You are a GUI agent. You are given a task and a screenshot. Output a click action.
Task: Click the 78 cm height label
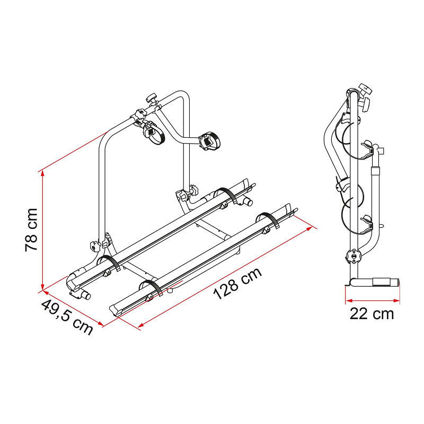[x=31, y=230]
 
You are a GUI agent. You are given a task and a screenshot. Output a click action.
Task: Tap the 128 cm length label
[x=237, y=284]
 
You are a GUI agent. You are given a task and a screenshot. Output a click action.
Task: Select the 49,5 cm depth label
[x=67, y=317]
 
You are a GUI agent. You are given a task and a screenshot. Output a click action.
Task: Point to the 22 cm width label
[x=372, y=314]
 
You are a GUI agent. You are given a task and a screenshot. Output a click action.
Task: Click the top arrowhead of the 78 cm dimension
[x=42, y=174]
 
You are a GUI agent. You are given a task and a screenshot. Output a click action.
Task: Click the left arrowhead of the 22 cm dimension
[x=349, y=301]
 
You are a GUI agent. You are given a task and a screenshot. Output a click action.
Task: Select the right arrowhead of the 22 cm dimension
[x=396, y=301]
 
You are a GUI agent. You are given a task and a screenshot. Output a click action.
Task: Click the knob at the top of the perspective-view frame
[x=152, y=98]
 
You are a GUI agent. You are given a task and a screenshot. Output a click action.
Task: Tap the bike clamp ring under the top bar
[x=152, y=132]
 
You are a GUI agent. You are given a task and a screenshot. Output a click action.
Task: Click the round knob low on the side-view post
[x=354, y=255]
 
